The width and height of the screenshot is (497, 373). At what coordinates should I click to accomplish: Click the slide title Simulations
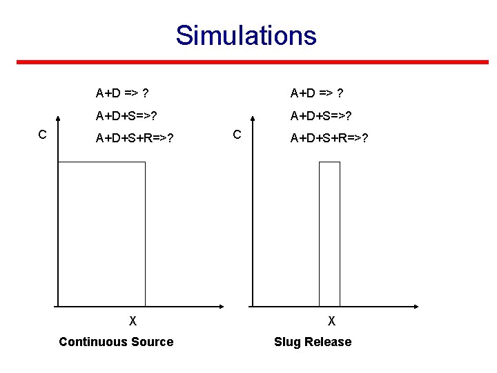246,35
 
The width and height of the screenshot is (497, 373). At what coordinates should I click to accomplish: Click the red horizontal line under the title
252,62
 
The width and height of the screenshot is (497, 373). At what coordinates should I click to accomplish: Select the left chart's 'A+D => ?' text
124,93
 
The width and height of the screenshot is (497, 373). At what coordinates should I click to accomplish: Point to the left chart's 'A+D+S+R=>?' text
135,138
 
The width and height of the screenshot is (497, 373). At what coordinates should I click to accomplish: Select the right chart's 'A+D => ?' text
318,93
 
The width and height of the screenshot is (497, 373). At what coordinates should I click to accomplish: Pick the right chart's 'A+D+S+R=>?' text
329,138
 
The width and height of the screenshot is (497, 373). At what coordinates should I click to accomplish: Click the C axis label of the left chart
42,134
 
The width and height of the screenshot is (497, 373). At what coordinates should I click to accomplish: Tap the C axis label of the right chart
237,134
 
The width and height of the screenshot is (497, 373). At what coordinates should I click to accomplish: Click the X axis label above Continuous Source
133,321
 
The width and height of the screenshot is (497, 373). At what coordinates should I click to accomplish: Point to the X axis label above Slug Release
332,321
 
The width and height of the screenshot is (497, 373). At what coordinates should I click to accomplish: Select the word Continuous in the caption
93,342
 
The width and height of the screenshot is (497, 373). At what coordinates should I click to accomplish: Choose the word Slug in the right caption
287,342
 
